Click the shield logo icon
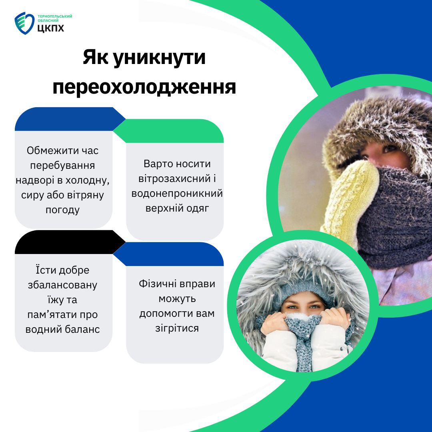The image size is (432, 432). [x=24, y=23]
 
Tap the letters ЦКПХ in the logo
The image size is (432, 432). [x=51, y=28]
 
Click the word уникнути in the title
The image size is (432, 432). [x=160, y=58]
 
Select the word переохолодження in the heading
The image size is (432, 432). [x=144, y=87]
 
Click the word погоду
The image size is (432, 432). [x=62, y=210]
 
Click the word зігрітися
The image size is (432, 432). [x=177, y=328]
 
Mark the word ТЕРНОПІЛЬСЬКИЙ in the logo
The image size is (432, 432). [x=55, y=16]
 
